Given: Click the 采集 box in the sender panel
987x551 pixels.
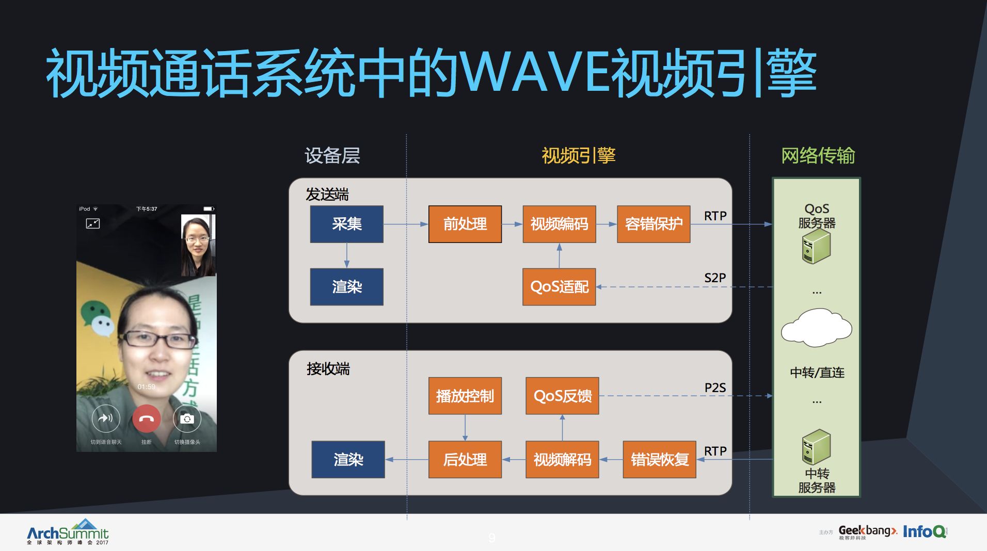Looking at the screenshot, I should pos(346,224).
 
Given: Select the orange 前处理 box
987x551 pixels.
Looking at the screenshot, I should pos(465,224).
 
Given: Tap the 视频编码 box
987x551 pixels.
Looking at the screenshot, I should pos(559,224).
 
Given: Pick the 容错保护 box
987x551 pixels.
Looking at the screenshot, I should pos(654,224).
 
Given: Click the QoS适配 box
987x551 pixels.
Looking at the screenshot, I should pos(559,287).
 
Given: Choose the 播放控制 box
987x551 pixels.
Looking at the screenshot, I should pos(465,396).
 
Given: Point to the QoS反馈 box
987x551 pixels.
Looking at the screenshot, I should pos(562,396).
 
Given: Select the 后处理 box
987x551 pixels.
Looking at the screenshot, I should pos(465,459).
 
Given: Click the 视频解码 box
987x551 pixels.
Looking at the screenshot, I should pos(562,459).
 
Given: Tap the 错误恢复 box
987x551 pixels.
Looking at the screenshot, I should pos(659,459).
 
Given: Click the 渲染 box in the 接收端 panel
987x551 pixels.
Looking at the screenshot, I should pos(348,459).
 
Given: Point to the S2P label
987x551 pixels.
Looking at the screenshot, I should pos(715,278).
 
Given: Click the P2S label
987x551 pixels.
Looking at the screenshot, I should pos(715,388).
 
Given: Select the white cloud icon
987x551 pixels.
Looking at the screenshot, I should pos(816,328).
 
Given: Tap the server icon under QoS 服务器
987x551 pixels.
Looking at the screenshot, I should pos(816,247).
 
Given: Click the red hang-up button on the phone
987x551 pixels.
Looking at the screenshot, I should pos(146,419).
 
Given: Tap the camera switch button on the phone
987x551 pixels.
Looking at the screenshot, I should pos(187,419).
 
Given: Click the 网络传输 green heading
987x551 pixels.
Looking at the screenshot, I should pos(818,155).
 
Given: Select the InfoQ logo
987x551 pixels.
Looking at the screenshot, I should pos(925,531).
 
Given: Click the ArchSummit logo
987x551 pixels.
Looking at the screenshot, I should pos(68,533).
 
